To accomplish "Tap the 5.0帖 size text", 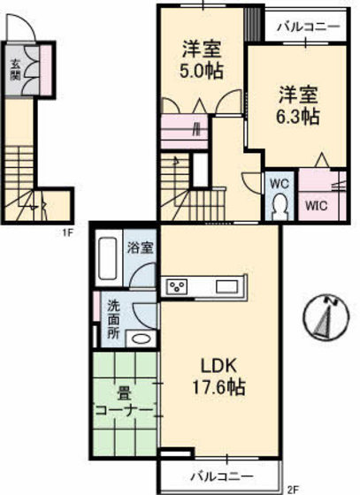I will (202, 73).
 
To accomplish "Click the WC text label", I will (280, 184).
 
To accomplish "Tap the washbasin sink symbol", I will (138, 339).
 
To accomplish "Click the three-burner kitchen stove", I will (178, 286).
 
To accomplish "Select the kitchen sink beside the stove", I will (225, 286).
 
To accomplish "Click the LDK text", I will (216, 363).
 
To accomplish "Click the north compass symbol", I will (328, 318).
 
